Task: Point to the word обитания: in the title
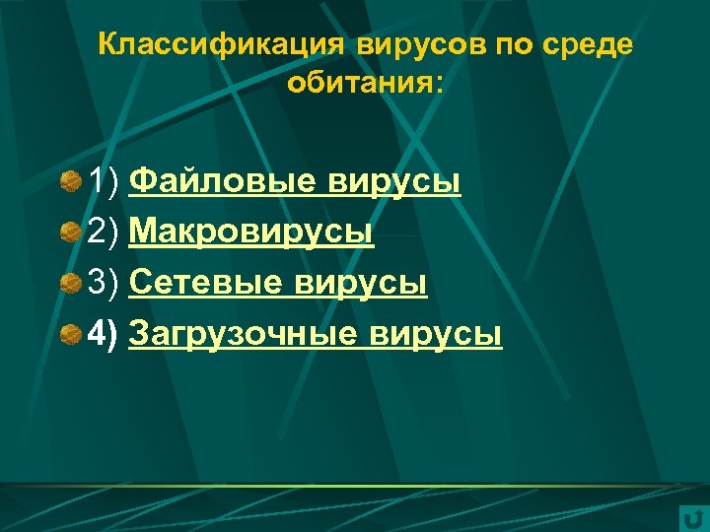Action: (x=366, y=83)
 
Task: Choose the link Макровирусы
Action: (x=251, y=233)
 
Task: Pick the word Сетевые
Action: (x=207, y=284)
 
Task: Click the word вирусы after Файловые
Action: (x=395, y=181)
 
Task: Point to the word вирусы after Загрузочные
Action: (x=436, y=335)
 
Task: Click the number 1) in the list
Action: (x=104, y=181)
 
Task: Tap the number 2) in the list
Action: (x=104, y=233)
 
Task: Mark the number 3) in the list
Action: (x=104, y=284)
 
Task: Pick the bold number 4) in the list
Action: (x=104, y=335)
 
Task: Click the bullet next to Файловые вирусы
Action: (x=70, y=181)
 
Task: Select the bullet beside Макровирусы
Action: (x=70, y=233)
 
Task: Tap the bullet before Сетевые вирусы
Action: (x=70, y=285)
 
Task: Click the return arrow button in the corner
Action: (x=692, y=518)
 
